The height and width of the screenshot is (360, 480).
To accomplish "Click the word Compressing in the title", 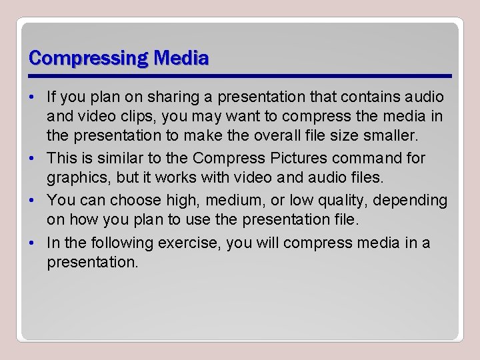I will point(89,58).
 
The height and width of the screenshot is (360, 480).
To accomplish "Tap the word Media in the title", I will point(181,58).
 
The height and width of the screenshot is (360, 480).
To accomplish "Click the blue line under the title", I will point(240,76).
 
